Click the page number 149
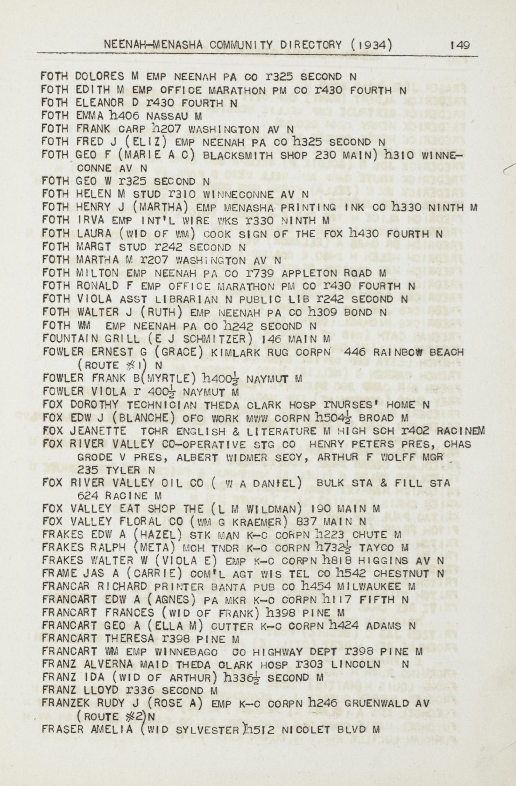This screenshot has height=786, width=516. (x=460, y=45)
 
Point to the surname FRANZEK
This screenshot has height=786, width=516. (x=68, y=704)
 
